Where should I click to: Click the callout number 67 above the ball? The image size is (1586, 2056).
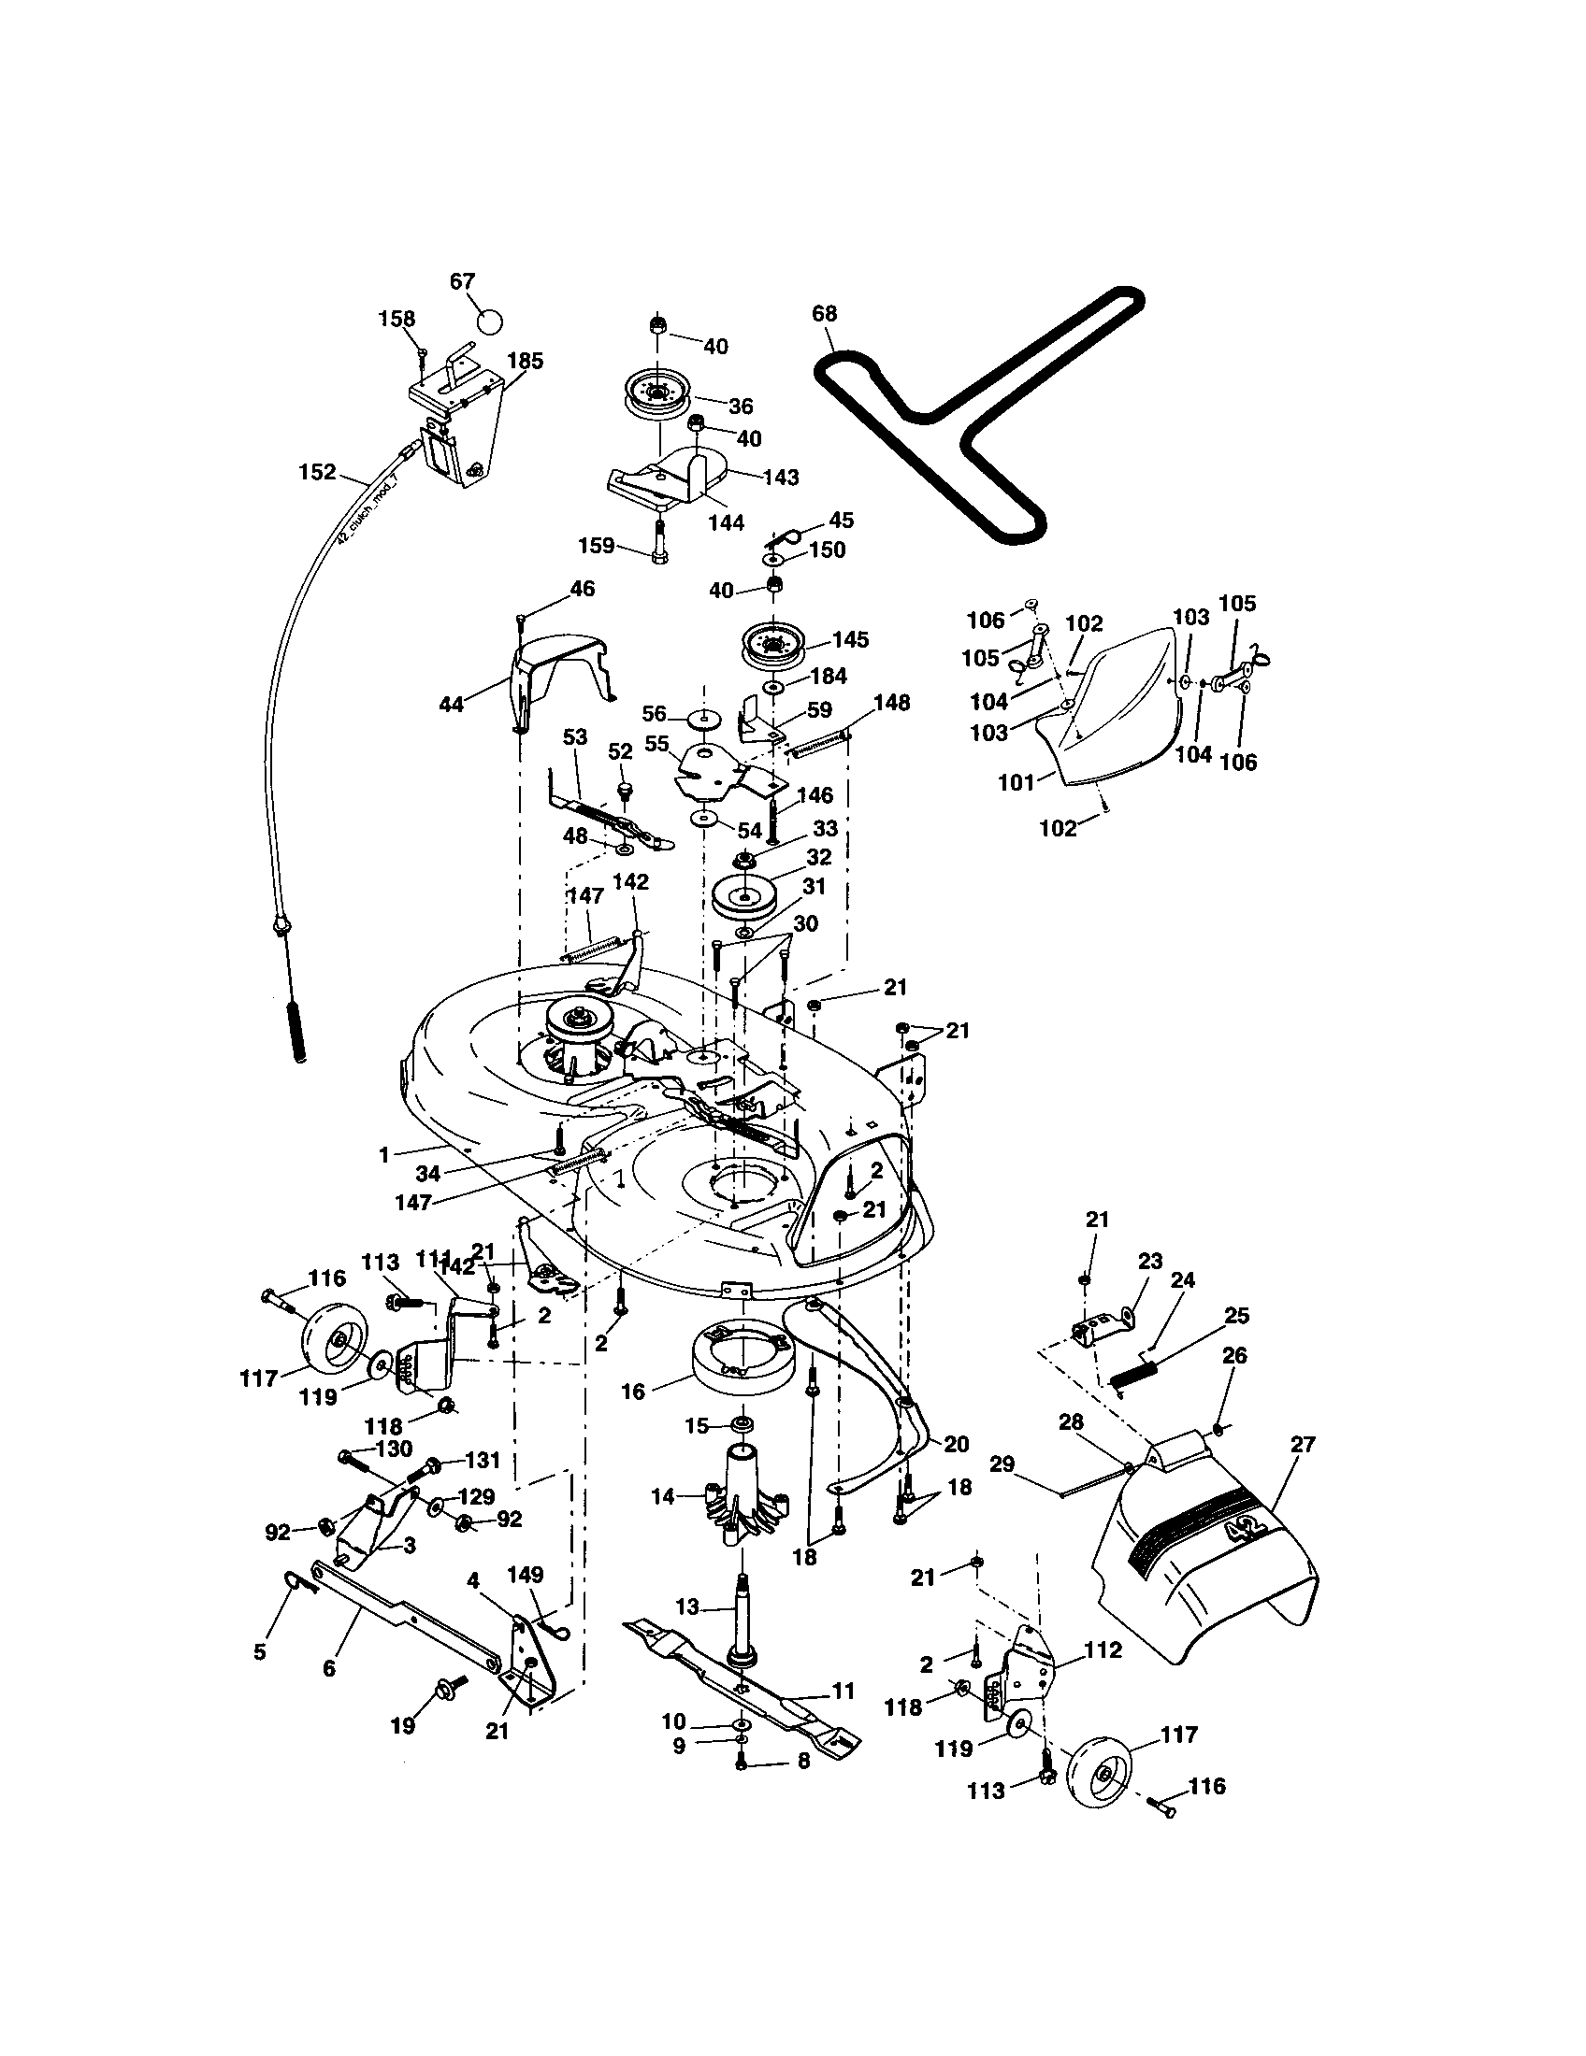click(462, 281)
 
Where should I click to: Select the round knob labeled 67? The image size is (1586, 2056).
click(490, 320)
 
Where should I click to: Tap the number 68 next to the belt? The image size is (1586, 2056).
click(824, 313)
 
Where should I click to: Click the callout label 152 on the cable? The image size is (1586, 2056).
click(316, 472)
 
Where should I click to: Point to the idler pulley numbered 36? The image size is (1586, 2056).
click(659, 396)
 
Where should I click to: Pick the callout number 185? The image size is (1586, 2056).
click(526, 362)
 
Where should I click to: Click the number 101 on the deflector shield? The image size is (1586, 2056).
click(1016, 782)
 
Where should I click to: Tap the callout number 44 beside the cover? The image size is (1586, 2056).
click(451, 703)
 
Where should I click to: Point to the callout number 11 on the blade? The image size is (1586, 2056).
click(843, 1691)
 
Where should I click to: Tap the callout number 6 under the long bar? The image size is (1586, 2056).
click(328, 1668)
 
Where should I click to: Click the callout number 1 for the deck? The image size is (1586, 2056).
click(383, 1154)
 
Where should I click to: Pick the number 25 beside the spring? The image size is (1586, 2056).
click(1236, 1315)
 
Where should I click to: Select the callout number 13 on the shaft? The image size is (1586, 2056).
click(688, 1606)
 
